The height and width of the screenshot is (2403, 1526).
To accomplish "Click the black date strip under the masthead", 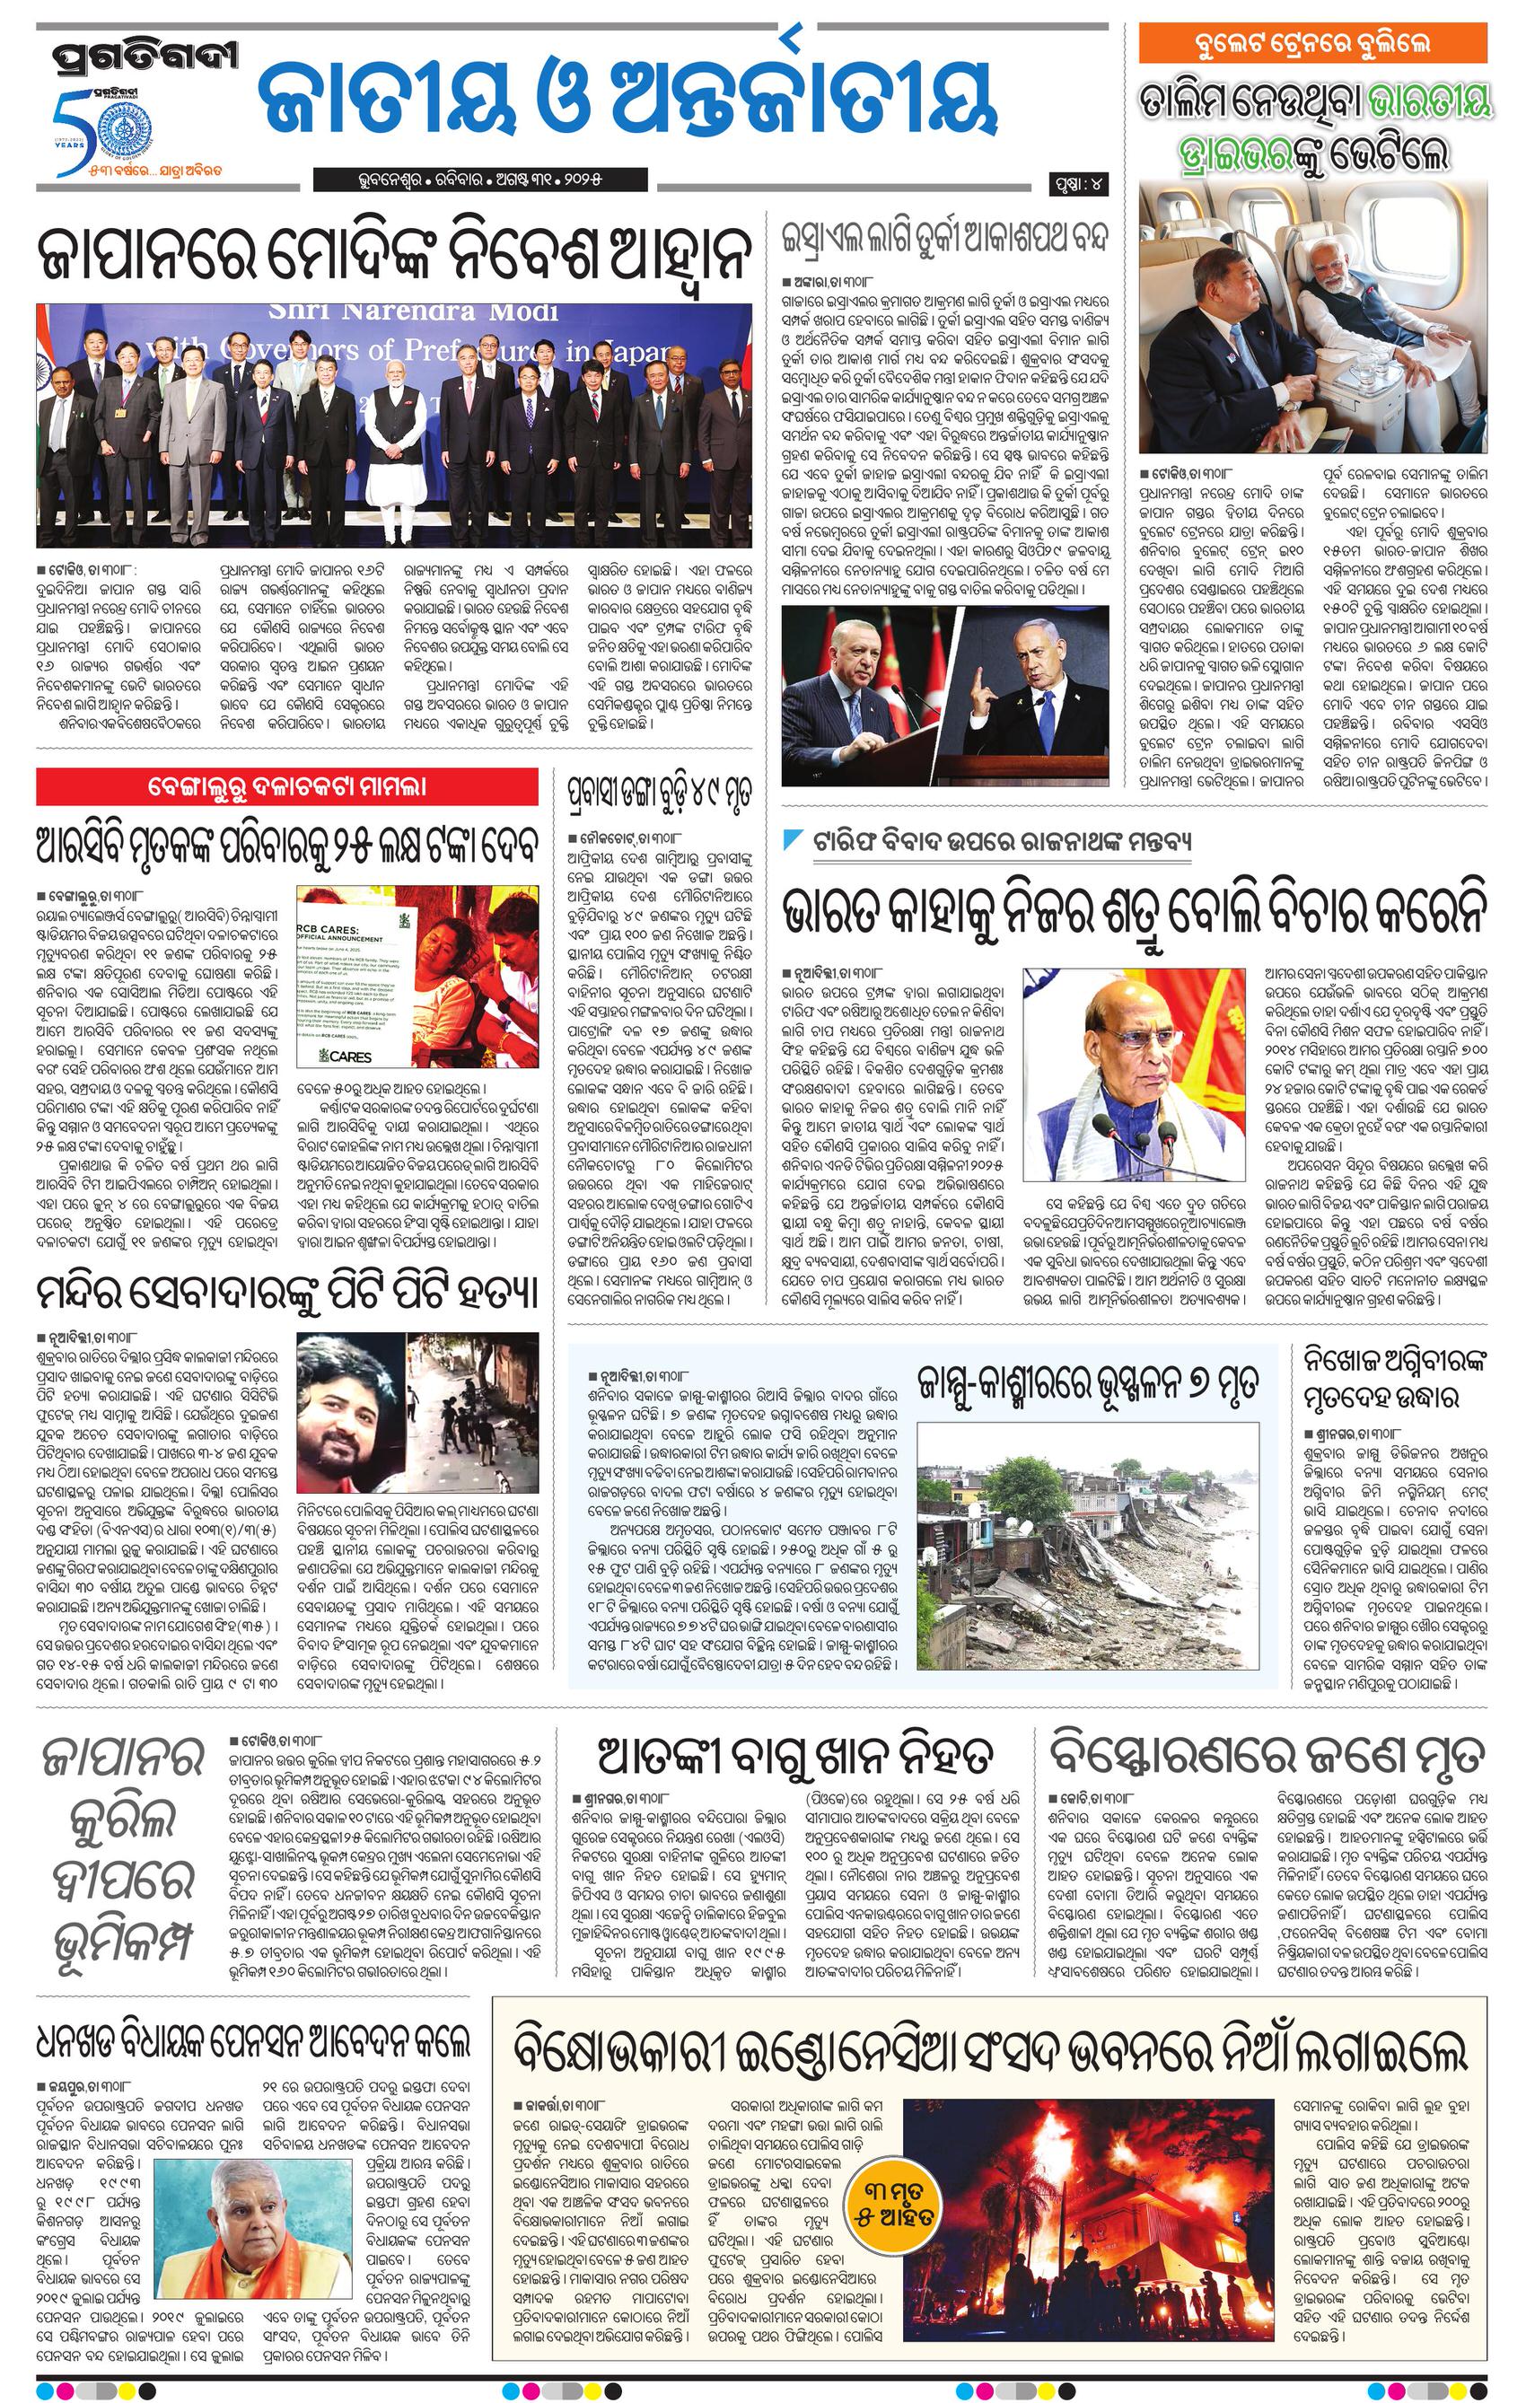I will tap(479, 180).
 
